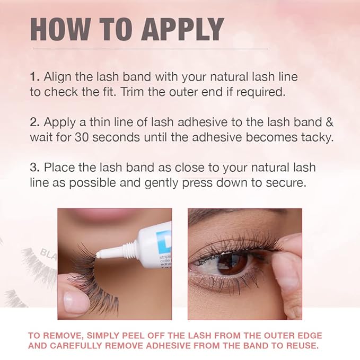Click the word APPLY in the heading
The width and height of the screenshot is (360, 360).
[182, 29]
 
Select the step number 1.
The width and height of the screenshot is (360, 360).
[34, 77]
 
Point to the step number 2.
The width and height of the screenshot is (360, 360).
[35, 122]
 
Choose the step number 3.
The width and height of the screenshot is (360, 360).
[35, 168]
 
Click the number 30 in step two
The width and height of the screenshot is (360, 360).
[82, 137]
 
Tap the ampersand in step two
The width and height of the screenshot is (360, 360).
[329, 122]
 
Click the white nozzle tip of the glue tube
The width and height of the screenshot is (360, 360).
[99, 254]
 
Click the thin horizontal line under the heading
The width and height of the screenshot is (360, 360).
[150, 49]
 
